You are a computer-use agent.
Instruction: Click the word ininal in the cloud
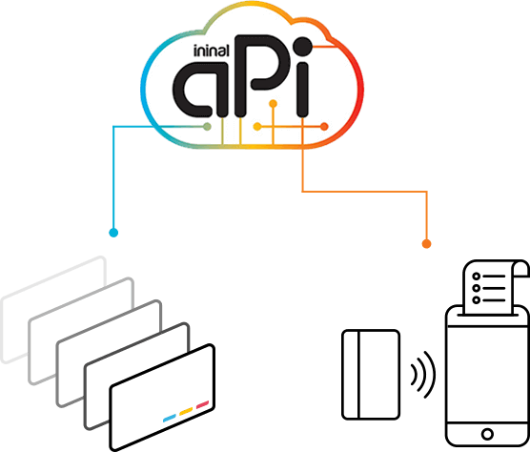coord(212,51)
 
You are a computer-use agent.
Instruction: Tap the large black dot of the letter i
coord(302,47)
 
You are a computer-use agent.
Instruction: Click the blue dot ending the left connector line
coord(113,233)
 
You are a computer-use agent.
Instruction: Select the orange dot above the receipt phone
coord(426,243)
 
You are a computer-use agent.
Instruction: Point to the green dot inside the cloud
coord(207,127)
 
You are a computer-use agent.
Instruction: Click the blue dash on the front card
coord(170,419)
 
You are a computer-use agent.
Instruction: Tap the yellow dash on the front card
coord(186,411)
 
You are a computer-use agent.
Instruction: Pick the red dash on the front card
coord(203,404)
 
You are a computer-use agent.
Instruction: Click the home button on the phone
coord(487,434)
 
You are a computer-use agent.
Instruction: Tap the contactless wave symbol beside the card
coord(423,375)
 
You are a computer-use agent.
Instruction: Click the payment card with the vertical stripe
coord(371,375)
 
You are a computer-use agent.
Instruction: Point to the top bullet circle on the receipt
coord(477,277)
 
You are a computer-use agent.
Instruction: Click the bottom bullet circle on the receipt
coord(477,299)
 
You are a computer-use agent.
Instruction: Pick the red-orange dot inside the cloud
coord(324,127)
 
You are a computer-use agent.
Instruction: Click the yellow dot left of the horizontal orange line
coord(257,127)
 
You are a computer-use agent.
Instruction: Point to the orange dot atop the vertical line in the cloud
coord(274,104)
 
